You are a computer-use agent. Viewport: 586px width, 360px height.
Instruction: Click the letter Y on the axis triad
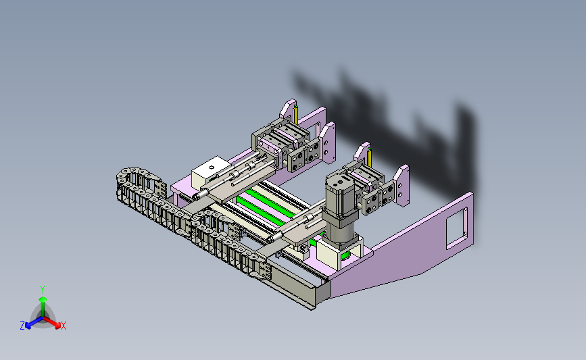tap(43, 290)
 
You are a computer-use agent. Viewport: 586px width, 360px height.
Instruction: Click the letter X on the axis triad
tap(63, 326)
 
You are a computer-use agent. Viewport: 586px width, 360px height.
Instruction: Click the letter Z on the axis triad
tap(22, 326)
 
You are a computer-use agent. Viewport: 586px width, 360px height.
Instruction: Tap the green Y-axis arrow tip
tap(43, 299)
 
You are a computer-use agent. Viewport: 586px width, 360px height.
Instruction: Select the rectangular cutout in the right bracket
tap(457, 228)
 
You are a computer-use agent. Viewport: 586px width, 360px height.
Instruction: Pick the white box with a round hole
tap(210, 172)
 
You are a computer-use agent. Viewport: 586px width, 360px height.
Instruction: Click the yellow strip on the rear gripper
tap(296, 115)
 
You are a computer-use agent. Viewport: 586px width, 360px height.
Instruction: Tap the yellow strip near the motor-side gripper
tap(370, 157)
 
